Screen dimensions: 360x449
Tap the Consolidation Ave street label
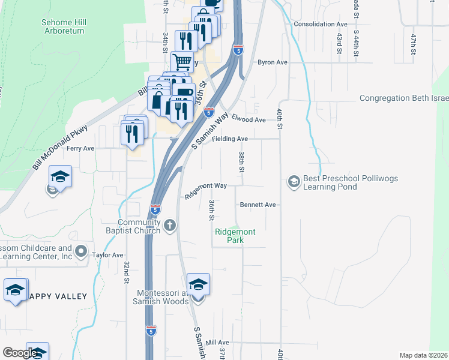321,24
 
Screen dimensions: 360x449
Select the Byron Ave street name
273,62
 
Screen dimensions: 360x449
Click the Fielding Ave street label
231,139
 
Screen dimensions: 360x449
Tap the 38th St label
241,162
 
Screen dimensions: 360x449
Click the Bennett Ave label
258,205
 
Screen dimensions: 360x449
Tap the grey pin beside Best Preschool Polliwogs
294,181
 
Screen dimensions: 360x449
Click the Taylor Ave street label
107,255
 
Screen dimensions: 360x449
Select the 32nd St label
127,272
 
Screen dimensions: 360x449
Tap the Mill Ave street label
213,342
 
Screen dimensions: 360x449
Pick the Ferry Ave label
80,148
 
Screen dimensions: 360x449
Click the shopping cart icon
182,61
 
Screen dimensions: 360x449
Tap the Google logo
19,353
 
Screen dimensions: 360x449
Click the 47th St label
413,44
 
